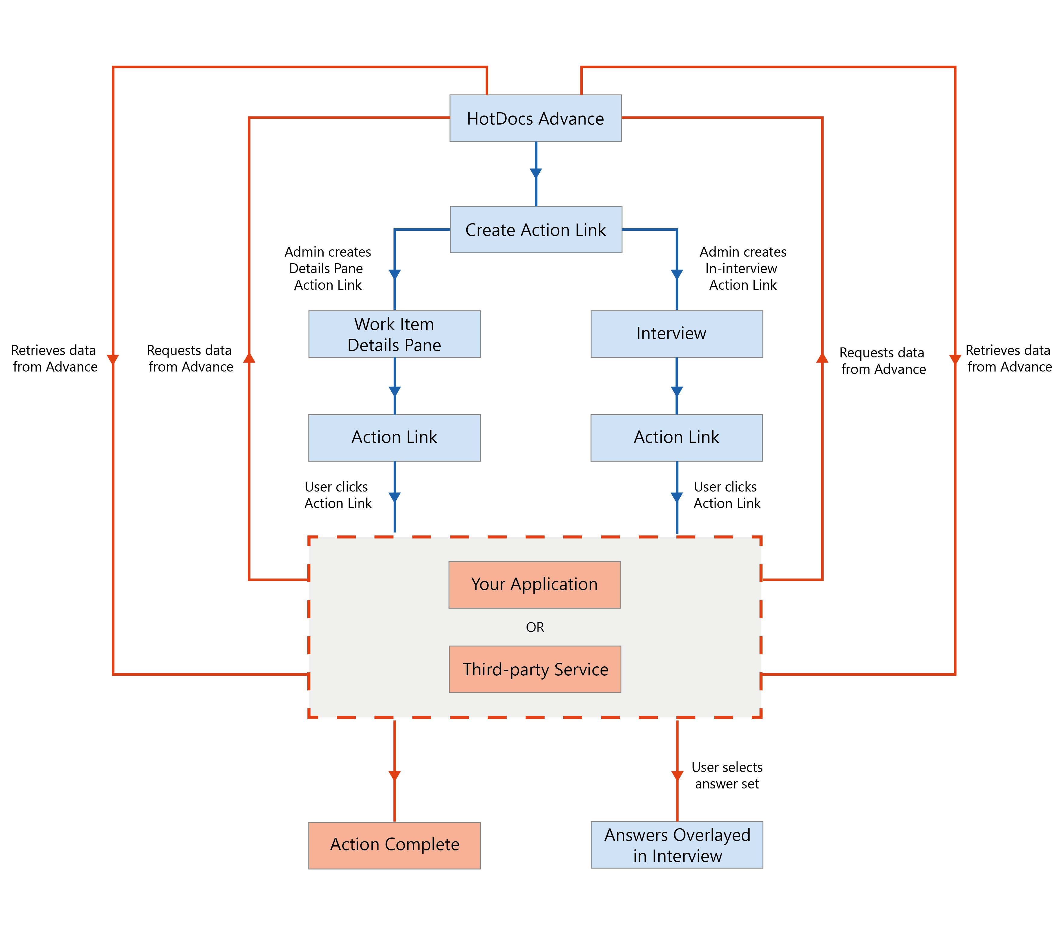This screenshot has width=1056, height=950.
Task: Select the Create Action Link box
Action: click(535, 230)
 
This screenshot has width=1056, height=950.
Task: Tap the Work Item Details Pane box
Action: click(394, 334)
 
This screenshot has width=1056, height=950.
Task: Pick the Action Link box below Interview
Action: click(676, 437)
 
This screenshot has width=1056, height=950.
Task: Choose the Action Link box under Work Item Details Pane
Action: click(394, 437)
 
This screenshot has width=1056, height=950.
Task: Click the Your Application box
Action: click(534, 584)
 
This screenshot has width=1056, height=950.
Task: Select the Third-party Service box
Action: click(535, 669)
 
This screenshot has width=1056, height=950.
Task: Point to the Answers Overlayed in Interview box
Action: click(677, 844)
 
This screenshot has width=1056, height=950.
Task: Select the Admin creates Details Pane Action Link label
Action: click(328, 268)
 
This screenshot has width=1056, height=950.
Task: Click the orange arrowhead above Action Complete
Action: click(394, 776)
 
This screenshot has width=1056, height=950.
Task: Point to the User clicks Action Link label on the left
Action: click(337, 495)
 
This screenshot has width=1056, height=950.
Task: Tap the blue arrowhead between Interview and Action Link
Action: click(677, 391)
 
